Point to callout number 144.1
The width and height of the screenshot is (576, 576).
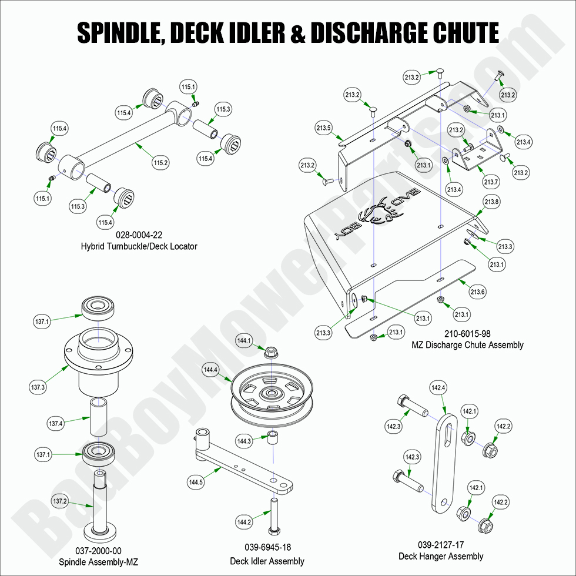[244, 340]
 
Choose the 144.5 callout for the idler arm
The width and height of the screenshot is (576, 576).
[196, 483]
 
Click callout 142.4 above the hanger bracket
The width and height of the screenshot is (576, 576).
[438, 387]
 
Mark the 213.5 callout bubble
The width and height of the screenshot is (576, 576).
[324, 128]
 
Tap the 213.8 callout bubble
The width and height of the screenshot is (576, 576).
[491, 202]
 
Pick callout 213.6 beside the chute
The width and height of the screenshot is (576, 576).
[477, 292]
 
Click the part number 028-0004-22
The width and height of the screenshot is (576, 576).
[139, 235]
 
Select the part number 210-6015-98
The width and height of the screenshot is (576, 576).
[467, 333]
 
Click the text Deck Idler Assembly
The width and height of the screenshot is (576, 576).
[267, 561]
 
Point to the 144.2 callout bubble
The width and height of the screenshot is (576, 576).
[245, 521]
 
